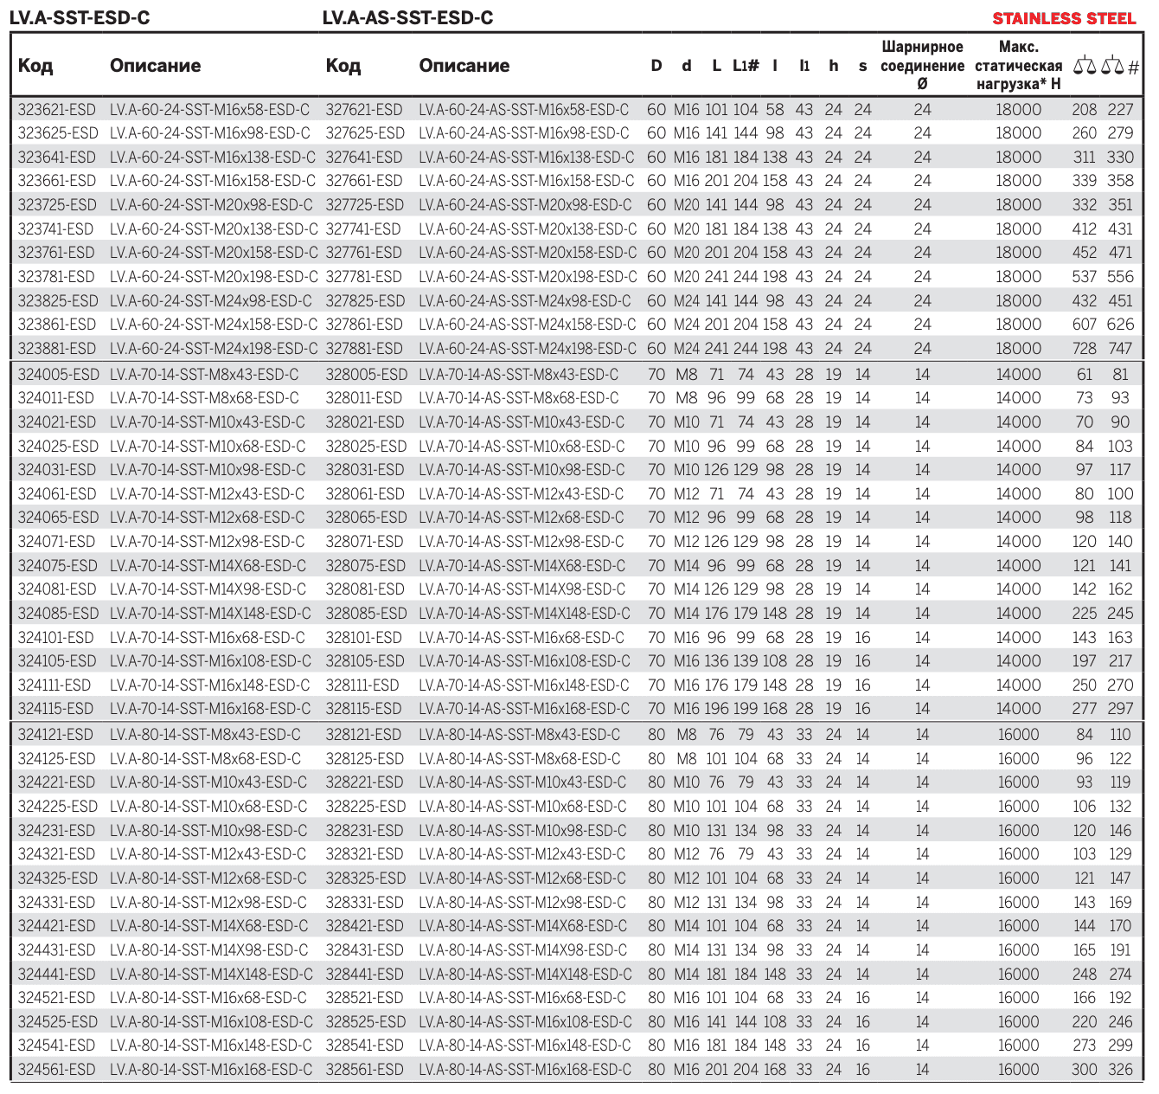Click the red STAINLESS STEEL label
pyautogui.click(x=1064, y=18)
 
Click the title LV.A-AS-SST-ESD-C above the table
pyautogui.click(x=407, y=18)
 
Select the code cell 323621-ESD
pyautogui.click(x=57, y=110)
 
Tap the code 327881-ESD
pyautogui.click(x=364, y=349)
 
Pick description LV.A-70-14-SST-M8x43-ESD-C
pyautogui.click(x=204, y=375)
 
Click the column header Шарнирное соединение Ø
pyautogui.click(x=922, y=66)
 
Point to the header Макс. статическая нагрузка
pyautogui.click(x=1018, y=66)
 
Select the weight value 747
pyautogui.click(x=1120, y=349)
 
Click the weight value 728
pyautogui.click(x=1084, y=349)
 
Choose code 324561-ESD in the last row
pyautogui.click(x=57, y=1070)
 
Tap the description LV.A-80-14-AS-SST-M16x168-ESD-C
pyautogui.click(x=525, y=1070)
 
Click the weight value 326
pyautogui.click(x=1120, y=1070)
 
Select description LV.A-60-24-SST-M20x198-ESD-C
pyautogui.click(x=214, y=277)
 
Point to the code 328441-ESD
pyautogui.click(x=365, y=974)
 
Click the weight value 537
pyautogui.click(x=1084, y=277)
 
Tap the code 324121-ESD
pyautogui.click(x=56, y=735)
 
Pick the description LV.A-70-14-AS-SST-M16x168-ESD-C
pyautogui.click(x=524, y=709)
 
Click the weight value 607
pyautogui.click(x=1084, y=325)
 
